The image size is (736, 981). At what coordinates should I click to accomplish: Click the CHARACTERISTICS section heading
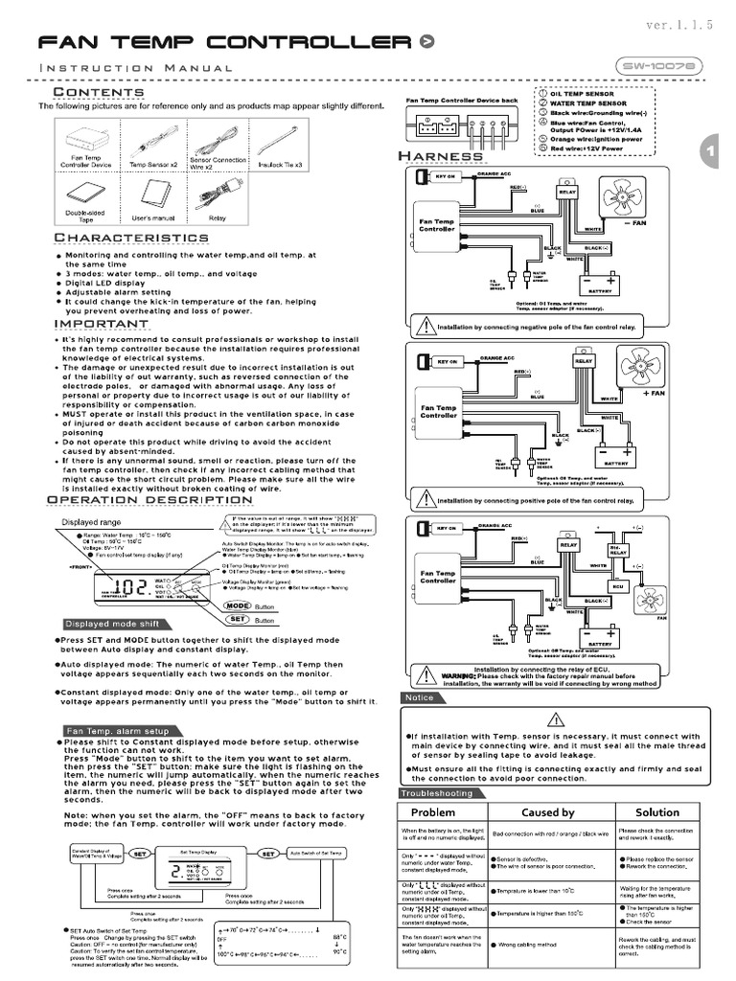131,237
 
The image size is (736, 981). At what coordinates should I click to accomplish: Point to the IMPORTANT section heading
101,324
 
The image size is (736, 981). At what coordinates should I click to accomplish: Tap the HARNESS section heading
442,156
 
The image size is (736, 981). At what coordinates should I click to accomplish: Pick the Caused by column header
547,812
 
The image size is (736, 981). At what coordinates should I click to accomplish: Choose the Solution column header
657,812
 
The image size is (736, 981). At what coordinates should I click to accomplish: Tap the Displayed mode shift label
109,622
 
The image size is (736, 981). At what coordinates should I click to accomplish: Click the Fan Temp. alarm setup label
120,731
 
